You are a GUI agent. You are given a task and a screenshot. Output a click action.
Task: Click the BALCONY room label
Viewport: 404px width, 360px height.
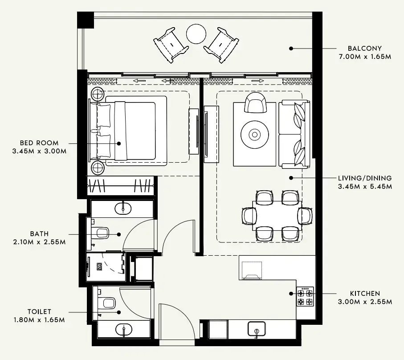click(364, 48)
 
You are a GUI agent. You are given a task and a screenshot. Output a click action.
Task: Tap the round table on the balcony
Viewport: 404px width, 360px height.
click(196, 33)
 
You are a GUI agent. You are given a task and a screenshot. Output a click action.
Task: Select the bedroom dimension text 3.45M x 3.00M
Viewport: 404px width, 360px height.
click(40, 151)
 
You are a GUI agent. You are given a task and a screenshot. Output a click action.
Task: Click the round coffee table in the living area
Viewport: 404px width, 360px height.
click(254, 134)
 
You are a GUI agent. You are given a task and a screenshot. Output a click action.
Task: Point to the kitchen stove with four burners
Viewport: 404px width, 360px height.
click(305, 296)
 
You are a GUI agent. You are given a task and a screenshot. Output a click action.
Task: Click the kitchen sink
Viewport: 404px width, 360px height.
click(257, 329)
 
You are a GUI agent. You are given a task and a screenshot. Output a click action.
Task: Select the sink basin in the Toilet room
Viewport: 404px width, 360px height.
click(123, 330)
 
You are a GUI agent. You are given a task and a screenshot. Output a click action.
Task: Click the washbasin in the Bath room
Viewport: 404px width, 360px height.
click(122, 208)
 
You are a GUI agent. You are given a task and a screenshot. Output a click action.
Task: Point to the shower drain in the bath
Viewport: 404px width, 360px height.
click(99, 266)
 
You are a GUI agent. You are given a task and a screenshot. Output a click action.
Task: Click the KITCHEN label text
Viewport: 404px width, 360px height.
click(365, 294)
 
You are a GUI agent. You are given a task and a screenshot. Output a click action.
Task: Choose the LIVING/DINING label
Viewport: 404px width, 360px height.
click(364, 178)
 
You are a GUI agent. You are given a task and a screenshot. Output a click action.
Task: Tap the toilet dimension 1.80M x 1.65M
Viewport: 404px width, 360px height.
click(39, 320)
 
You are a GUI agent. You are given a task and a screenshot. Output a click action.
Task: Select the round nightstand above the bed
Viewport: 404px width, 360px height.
click(98, 94)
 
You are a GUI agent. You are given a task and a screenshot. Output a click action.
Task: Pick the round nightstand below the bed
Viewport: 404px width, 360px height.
click(98, 168)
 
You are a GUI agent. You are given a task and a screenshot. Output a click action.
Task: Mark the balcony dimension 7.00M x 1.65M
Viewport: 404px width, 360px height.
click(364, 57)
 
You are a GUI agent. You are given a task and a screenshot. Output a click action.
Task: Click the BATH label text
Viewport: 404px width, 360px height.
click(40, 233)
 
